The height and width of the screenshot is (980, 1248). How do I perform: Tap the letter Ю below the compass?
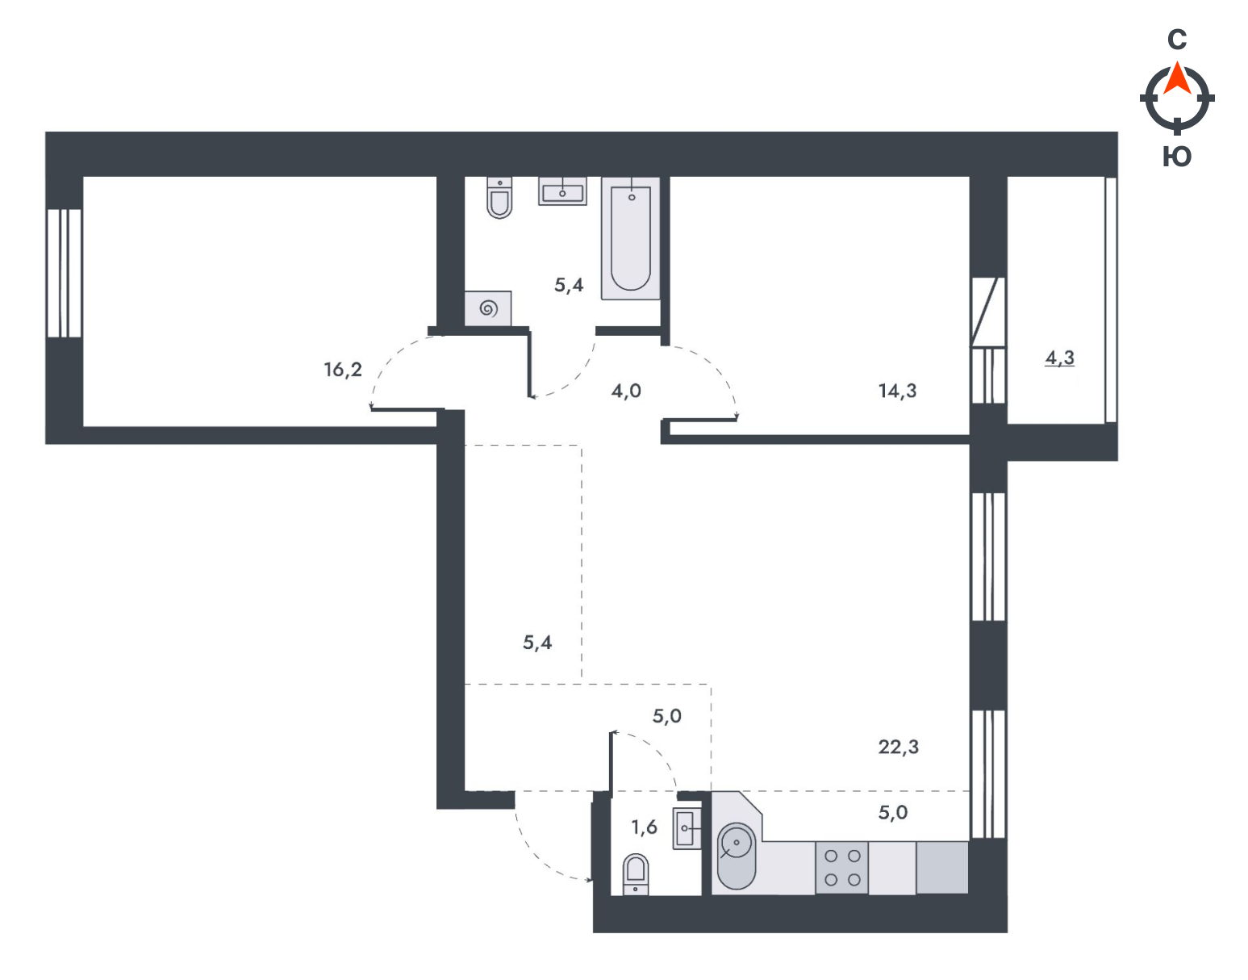(x=1177, y=157)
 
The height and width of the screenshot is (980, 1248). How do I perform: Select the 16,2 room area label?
(x=343, y=370)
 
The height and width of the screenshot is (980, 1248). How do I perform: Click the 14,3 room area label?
(x=897, y=392)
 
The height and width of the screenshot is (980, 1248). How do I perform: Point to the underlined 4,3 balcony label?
(x=1059, y=358)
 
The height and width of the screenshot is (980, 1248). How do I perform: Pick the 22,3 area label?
(x=898, y=747)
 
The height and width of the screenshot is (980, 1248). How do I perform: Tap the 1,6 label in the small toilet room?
(x=644, y=827)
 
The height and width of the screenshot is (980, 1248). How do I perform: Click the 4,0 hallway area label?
(x=626, y=392)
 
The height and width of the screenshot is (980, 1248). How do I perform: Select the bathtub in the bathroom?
(x=630, y=238)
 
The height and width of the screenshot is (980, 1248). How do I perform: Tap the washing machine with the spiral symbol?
(x=487, y=308)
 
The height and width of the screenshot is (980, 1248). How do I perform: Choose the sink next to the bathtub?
(x=562, y=191)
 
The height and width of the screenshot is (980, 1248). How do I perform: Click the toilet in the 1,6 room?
(x=635, y=873)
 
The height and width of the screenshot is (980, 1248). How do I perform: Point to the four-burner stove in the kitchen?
(x=842, y=868)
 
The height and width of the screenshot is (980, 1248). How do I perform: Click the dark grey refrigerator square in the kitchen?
(x=942, y=868)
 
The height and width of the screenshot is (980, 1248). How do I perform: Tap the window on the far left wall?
(x=65, y=273)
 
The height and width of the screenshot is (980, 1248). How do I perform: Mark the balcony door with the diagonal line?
(x=988, y=312)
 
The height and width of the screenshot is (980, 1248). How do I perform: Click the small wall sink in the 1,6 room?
(x=687, y=828)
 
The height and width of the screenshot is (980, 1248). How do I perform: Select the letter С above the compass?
(x=1177, y=40)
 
